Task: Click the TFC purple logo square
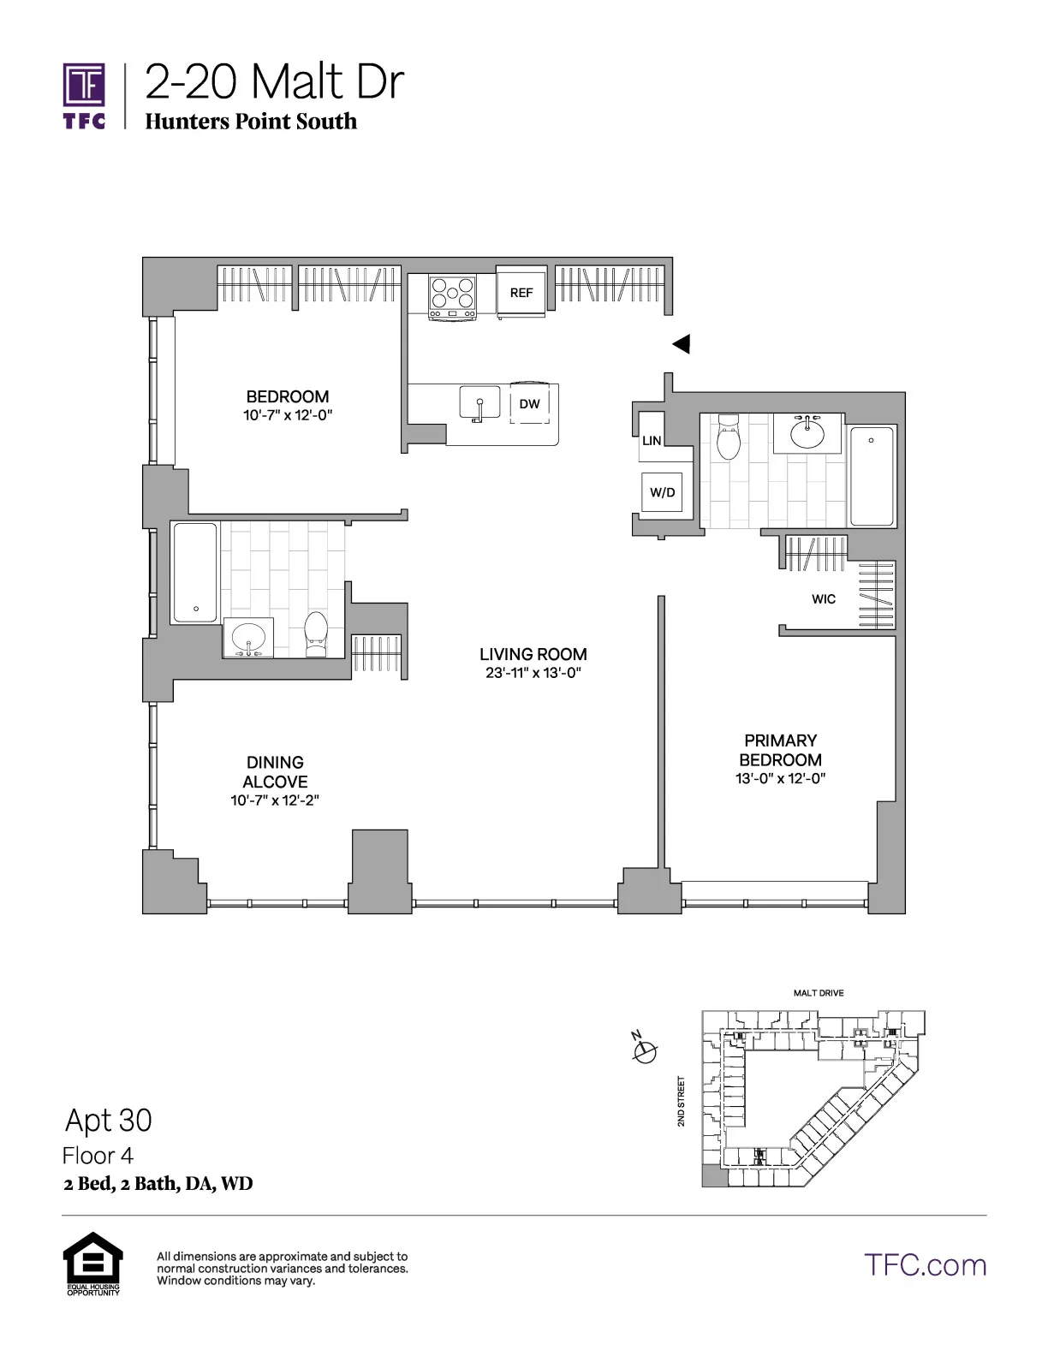(84, 85)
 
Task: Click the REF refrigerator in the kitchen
(521, 293)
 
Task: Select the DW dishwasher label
(530, 404)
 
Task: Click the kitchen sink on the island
(479, 402)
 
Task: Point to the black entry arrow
(681, 344)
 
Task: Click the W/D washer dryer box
(662, 492)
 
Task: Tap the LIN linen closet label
(652, 441)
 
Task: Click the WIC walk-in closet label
(824, 599)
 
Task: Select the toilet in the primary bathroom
(729, 438)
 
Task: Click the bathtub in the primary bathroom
(872, 476)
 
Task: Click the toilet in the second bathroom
(317, 634)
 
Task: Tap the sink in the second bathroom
(248, 638)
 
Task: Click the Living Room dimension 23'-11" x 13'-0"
(533, 673)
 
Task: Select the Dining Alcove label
(275, 771)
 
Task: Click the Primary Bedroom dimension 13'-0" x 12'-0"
(780, 779)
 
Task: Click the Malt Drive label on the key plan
(819, 993)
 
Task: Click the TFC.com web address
(925, 1265)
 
